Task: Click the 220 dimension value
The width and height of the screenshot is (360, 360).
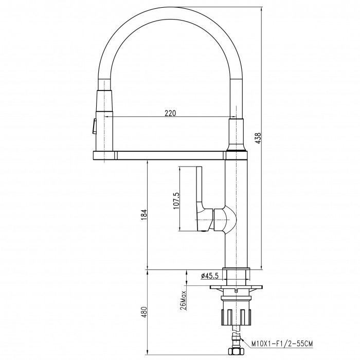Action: (x=170, y=113)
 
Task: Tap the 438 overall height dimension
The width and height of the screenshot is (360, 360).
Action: (x=258, y=138)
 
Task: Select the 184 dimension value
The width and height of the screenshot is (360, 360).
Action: (x=143, y=215)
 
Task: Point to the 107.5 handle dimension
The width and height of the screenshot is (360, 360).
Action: (x=176, y=201)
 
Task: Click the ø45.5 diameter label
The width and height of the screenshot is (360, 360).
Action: (x=210, y=276)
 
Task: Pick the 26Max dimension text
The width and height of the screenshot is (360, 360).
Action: (x=183, y=300)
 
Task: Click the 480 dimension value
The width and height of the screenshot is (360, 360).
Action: (x=143, y=312)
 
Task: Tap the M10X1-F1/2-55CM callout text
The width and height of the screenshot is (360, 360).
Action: (x=282, y=344)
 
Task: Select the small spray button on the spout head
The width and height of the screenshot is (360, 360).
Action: (x=94, y=126)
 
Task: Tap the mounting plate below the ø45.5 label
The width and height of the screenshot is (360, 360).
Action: (x=236, y=287)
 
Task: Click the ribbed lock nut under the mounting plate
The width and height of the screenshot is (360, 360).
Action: (x=236, y=317)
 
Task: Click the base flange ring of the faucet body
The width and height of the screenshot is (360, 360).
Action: (x=236, y=269)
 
